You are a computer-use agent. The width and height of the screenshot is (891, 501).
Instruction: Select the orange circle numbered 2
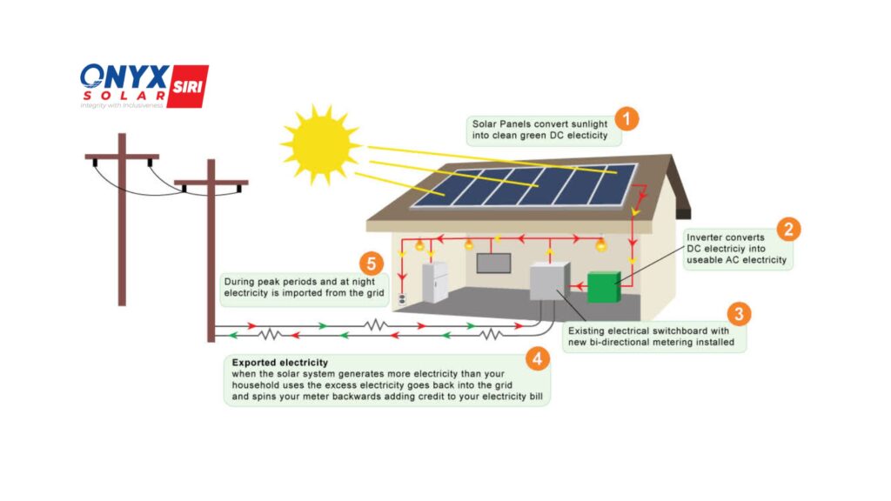pos(788,229)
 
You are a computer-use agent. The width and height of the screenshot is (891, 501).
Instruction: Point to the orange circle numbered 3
pos(738,314)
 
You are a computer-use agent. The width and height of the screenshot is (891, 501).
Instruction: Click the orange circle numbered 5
pos(372,262)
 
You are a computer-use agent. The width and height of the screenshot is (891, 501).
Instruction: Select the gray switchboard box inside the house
pos(547,282)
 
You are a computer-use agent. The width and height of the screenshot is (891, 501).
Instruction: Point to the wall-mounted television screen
pos(493,263)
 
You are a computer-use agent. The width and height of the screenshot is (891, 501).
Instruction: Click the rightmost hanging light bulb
pos(600,247)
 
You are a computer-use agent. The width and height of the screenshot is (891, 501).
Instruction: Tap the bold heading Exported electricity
pos(280,362)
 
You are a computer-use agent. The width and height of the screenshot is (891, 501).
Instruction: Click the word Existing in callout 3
pos(587,331)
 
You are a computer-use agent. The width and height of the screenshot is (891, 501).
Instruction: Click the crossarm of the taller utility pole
pos(122,157)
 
